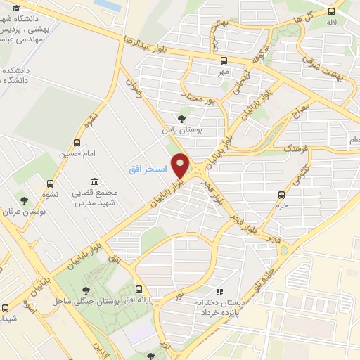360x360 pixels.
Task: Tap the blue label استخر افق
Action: point(146,170)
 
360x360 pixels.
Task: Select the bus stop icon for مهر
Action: point(224,61)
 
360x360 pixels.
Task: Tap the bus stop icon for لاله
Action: point(332,11)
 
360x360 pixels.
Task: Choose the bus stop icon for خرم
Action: point(281,194)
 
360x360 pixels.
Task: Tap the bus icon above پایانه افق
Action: point(139,289)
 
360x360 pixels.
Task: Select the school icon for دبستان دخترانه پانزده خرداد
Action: point(219,291)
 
